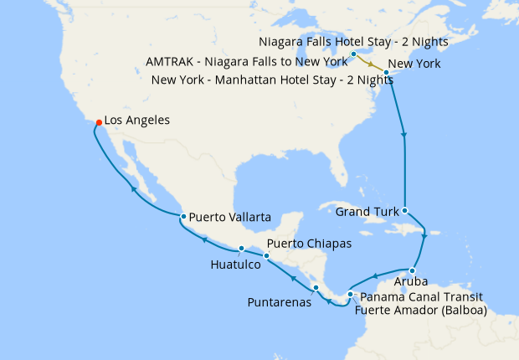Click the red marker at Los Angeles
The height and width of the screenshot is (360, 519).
[x=99, y=124]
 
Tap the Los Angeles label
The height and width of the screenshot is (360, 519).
[x=137, y=121]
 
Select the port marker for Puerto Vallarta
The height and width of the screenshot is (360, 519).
[x=182, y=217]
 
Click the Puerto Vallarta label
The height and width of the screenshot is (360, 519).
[x=229, y=217]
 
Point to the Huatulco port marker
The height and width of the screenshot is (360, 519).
[x=241, y=249]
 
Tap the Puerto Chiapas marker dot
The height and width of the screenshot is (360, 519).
[x=266, y=256]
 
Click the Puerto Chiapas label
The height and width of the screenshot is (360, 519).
[x=308, y=244]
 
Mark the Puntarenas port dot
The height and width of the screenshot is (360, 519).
[x=316, y=288]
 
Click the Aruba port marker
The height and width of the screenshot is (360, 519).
[x=413, y=270]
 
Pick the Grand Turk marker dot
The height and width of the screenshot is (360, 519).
[x=405, y=211]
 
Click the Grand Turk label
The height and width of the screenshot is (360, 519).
[x=367, y=212]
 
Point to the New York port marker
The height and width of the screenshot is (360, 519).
[x=386, y=73]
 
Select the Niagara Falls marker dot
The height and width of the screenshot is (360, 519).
[x=354, y=54]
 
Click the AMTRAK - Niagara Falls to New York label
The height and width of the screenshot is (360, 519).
[x=246, y=63]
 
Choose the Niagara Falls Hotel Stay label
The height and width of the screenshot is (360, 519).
[x=353, y=41]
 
